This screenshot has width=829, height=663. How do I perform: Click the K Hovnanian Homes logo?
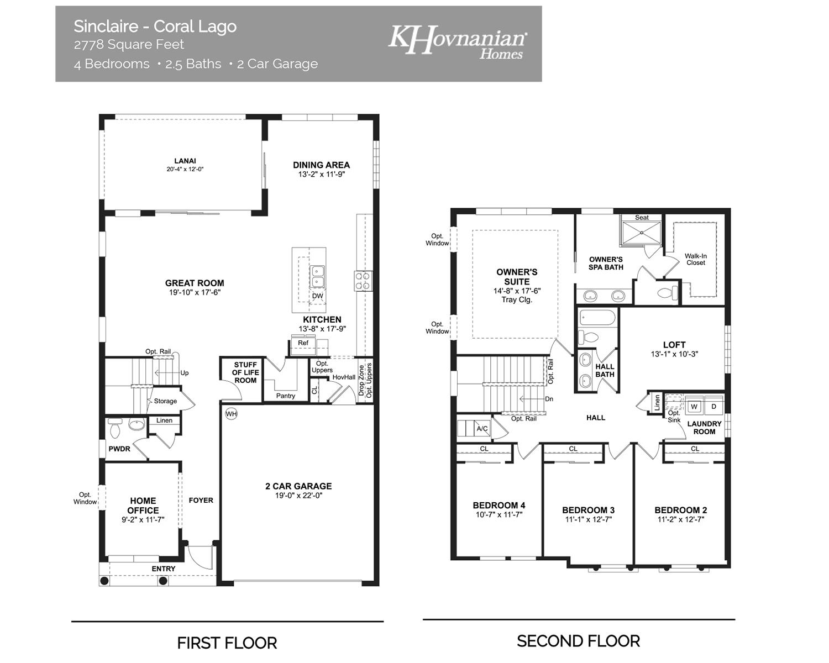coord(458,41)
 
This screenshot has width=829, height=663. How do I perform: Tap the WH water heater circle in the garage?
coord(231,413)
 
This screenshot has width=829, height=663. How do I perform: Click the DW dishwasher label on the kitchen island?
coord(317,296)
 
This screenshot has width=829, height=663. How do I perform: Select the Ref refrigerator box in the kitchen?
coord(303,343)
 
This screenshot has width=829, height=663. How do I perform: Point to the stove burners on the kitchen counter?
coord(363,281)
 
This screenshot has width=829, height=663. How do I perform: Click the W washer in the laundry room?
coord(695,407)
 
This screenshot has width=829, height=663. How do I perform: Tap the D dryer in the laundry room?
coord(713,407)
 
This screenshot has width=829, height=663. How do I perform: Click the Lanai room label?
coord(185,161)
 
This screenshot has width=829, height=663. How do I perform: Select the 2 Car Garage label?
coord(298,486)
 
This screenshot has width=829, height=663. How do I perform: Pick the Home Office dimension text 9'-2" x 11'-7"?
coord(143,520)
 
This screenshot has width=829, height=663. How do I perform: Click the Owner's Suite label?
coord(517,277)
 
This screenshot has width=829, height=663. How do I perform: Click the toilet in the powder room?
coord(116,428)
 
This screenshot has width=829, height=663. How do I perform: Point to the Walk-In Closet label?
coord(696,259)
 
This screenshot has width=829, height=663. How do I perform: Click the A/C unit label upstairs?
coord(482,429)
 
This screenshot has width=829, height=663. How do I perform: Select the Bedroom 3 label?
coord(588,510)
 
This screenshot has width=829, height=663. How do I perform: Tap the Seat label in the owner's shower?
coord(642,218)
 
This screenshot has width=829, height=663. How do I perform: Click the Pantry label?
coord(286,396)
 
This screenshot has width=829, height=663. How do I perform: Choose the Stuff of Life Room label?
coord(245,372)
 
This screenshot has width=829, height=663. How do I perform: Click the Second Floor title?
coord(578,641)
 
